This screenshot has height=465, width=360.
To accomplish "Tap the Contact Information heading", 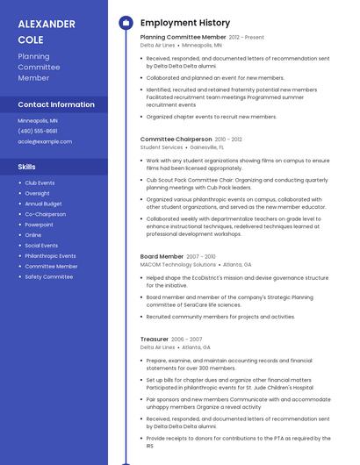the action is (56, 104).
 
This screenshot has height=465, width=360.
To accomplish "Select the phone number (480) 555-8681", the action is (38, 131).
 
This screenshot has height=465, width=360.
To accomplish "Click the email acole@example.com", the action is (45, 141).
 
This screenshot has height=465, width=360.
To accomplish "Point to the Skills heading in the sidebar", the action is (27, 166).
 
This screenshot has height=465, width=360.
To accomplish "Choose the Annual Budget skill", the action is (43, 204).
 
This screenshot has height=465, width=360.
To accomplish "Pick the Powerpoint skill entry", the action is (39, 225).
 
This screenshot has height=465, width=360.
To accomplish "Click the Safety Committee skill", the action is (48, 276).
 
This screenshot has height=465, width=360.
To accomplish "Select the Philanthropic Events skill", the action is (50, 255).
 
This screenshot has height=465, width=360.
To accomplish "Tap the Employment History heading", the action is (185, 23).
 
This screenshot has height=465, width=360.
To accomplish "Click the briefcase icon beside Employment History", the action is (125, 23).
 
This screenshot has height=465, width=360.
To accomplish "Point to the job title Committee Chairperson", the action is (176, 139).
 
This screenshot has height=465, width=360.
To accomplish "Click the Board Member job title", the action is (162, 256).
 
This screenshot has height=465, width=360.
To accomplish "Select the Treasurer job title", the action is (154, 339).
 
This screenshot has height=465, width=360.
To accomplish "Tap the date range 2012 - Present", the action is (247, 38).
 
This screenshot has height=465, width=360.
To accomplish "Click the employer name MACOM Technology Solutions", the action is (177, 264).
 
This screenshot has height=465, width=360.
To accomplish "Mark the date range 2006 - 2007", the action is (186, 339).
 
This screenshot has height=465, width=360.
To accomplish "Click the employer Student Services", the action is (162, 147).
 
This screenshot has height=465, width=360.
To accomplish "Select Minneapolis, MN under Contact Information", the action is (38, 120).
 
